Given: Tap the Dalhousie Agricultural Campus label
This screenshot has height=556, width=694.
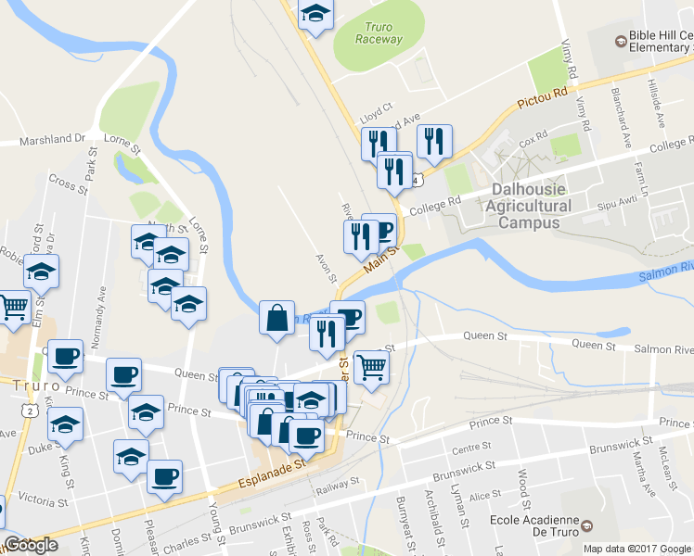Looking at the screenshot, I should pos(525,206).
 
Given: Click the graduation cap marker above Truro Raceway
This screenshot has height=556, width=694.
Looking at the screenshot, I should pos(315,14).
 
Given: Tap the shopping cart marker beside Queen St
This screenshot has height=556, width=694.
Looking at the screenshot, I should pos(371,366).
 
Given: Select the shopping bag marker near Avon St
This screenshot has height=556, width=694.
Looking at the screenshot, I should pos(276,318).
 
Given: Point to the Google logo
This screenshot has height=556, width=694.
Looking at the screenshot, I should pos(30,545).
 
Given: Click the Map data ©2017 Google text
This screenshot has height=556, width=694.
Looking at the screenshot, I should pos(636,549).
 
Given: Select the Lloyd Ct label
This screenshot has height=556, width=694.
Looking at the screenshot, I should pos(378,108).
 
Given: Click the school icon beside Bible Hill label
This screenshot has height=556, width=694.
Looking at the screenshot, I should pos(621,41).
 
